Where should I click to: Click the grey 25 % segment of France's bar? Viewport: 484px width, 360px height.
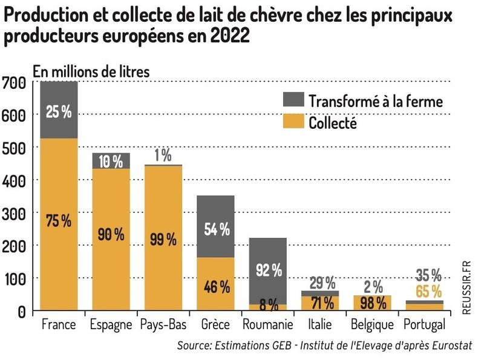click(59, 110)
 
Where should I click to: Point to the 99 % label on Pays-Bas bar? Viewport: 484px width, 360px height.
click(163, 239)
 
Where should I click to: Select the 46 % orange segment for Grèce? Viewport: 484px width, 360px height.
click(215, 286)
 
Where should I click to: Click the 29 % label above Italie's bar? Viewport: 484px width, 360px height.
click(319, 283)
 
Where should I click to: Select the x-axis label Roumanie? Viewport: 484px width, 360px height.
click(267, 325)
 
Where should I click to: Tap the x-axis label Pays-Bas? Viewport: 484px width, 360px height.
click(163, 325)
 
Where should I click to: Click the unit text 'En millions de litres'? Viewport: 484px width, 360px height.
click(91, 70)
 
